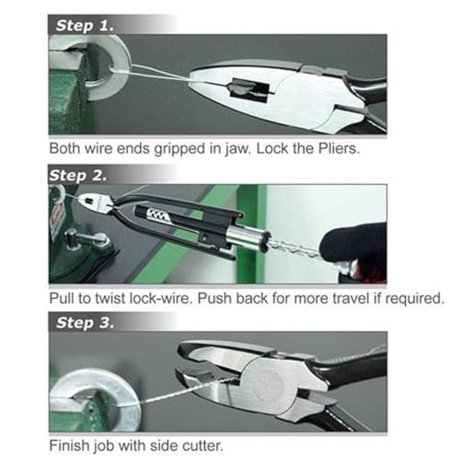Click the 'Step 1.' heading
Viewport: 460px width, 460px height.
pyautogui.click(x=85, y=25)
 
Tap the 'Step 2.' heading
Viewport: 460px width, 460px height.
pyautogui.click(x=78, y=176)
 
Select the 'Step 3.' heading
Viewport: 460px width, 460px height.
pyautogui.click(x=85, y=323)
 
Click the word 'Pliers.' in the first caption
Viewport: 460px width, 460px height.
pyautogui.click(x=339, y=149)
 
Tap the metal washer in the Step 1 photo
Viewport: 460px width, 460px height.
pyautogui.click(x=108, y=67)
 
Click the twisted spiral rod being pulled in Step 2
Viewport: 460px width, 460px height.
pyautogui.click(x=294, y=247)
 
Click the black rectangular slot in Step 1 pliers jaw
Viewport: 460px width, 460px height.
pyautogui.click(x=250, y=88)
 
